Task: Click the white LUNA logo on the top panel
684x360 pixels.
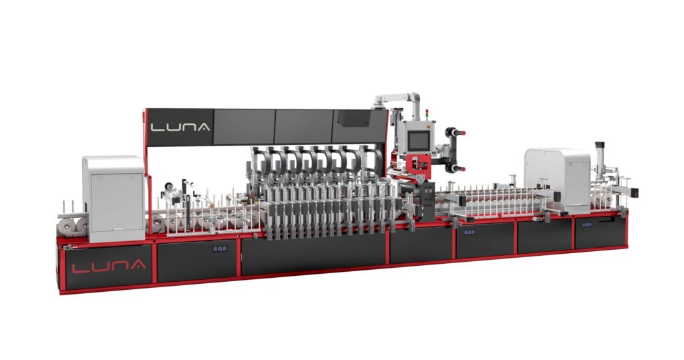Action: click(180, 127)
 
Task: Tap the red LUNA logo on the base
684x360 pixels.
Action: click(109, 266)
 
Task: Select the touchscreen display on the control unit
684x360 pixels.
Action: click(418, 139)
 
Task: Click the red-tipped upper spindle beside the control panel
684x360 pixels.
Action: click(455, 132)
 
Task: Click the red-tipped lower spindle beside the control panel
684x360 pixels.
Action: click(455, 168)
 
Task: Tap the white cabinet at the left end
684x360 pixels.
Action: click(114, 198)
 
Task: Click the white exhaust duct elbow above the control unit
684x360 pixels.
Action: click(397, 100)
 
